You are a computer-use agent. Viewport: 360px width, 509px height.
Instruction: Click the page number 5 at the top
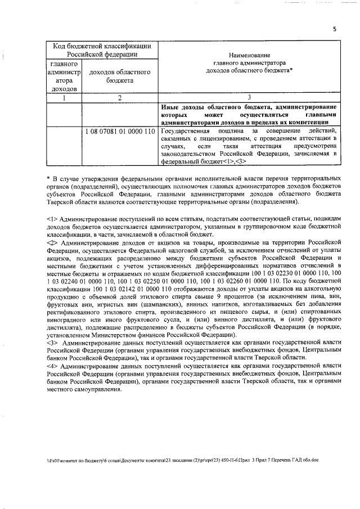(334, 30)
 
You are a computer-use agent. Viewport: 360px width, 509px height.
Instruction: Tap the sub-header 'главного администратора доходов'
(64, 76)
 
